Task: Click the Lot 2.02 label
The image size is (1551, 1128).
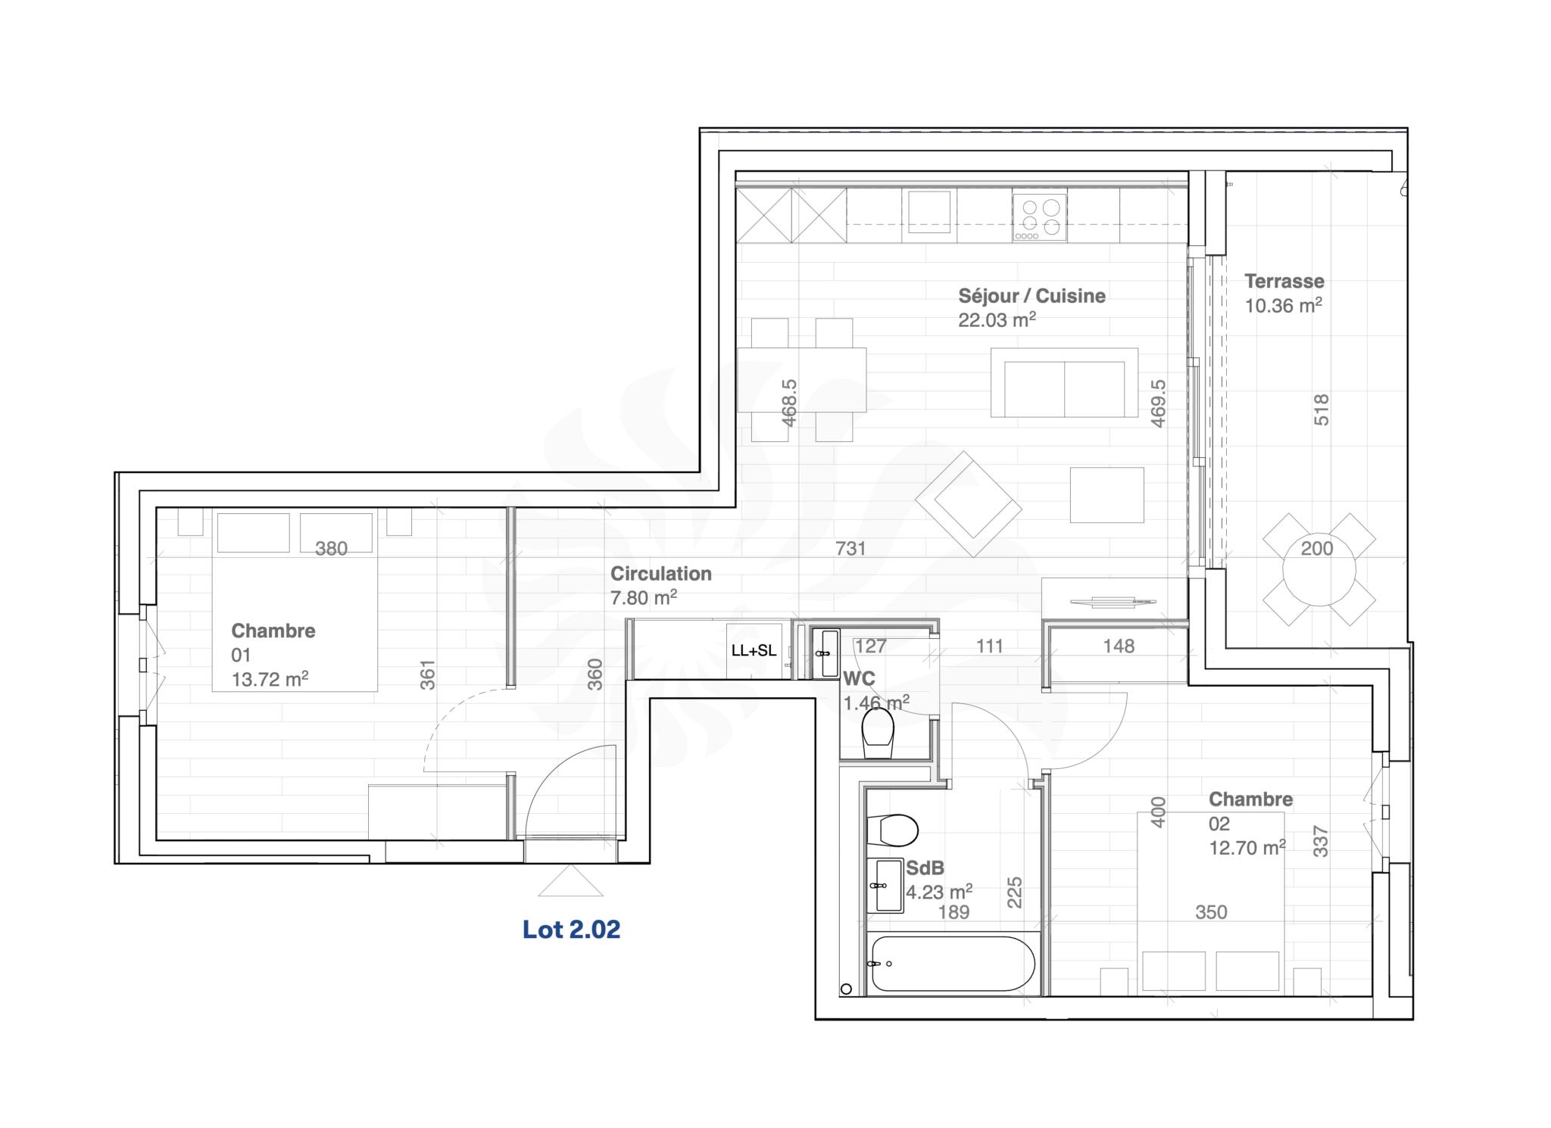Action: [x=571, y=929]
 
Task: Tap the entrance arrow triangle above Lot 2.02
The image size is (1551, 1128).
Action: [x=570, y=880]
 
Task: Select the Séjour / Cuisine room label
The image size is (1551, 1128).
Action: [x=1031, y=296]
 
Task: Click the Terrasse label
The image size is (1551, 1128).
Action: [x=1284, y=281]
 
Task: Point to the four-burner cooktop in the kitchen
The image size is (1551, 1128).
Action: [x=1040, y=217]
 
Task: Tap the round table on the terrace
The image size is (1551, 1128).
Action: [x=1319, y=569]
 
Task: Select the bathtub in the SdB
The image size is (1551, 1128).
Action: [x=953, y=963]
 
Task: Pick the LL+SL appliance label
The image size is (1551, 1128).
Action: [x=754, y=650]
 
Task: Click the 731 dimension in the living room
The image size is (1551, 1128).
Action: [x=850, y=548]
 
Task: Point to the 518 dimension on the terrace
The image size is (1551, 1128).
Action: [x=1321, y=410]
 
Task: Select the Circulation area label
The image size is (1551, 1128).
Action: [x=661, y=574]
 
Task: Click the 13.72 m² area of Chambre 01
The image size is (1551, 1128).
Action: [x=270, y=679]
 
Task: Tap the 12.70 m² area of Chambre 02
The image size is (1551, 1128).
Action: [x=1247, y=848]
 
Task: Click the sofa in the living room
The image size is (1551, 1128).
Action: [x=1064, y=382]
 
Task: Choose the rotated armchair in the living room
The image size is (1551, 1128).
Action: [x=969, y=504]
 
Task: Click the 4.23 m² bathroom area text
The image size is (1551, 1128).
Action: [x=939, y=892]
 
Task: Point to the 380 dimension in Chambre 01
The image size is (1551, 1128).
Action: [x=331, y=548]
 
